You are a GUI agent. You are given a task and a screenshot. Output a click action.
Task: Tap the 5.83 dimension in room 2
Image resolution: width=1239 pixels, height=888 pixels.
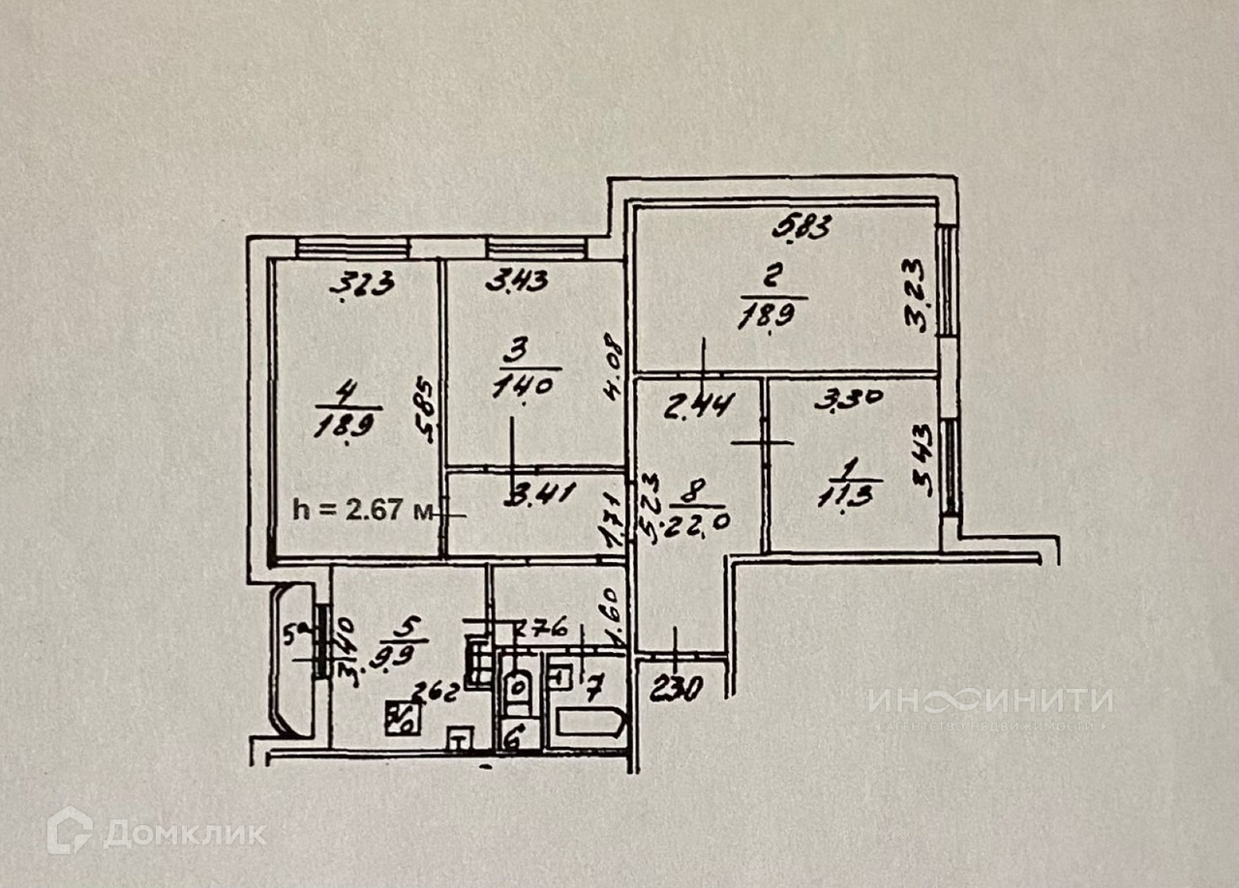[802, 229]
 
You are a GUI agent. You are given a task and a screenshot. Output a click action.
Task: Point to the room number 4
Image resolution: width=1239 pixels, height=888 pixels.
[346, 391]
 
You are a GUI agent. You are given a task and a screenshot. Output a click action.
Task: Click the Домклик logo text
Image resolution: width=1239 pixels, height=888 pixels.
[184, 834]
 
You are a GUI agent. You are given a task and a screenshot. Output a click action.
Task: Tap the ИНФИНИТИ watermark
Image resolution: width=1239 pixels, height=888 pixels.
[989, 699]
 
